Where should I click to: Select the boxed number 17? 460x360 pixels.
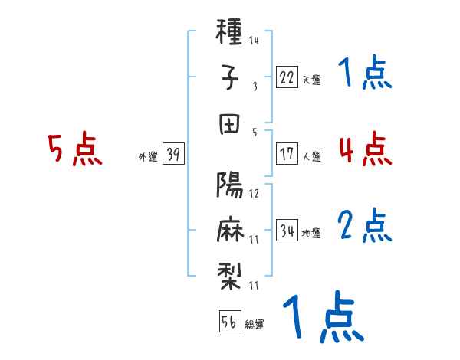click(287, 153)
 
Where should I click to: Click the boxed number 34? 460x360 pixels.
click(287, 230)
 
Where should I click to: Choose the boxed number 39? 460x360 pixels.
click(173, 154)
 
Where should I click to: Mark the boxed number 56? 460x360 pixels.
click(228, 321)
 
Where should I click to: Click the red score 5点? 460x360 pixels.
click(75, 149)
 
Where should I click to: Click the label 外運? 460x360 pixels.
click(147, 156)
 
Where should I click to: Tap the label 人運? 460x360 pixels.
click(312, 156)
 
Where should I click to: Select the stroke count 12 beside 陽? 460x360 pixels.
click(254, 193)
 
